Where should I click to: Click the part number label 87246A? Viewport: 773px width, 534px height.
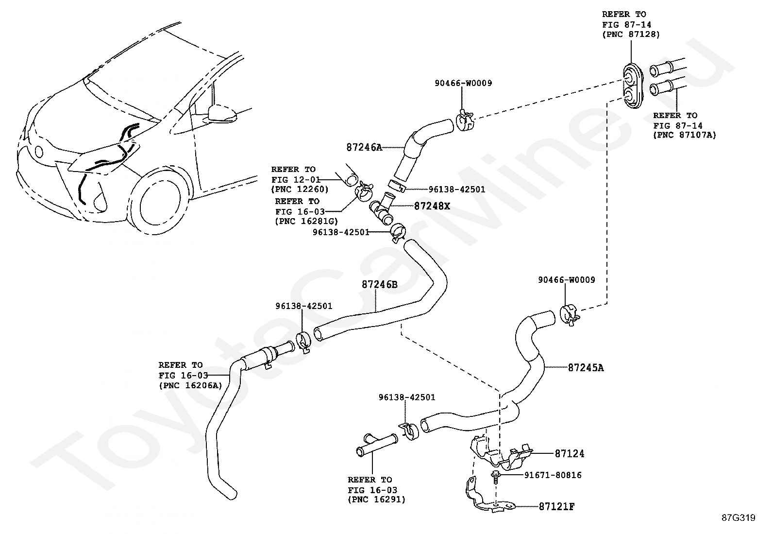tap(364, 147)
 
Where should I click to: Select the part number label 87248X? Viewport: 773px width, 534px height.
tap(432, 206)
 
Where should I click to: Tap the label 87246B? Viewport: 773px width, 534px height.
tap(379, 284)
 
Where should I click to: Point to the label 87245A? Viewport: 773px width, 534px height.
tap(586, 368)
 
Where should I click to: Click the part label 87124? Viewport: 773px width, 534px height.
tap(570, 454)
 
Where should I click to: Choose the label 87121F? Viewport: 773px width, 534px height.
tap(556, 507)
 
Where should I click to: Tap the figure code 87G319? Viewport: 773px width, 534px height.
tap(738, 518)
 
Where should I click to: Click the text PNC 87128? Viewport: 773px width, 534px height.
tap(631, 34)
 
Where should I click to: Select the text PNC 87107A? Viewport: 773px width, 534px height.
tap(685, 135)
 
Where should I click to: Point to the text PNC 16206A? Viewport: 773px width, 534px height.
tap(190, 385)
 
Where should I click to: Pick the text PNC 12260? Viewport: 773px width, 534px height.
tap(300, 189)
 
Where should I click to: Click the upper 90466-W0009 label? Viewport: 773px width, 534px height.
tap(463, 83)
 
